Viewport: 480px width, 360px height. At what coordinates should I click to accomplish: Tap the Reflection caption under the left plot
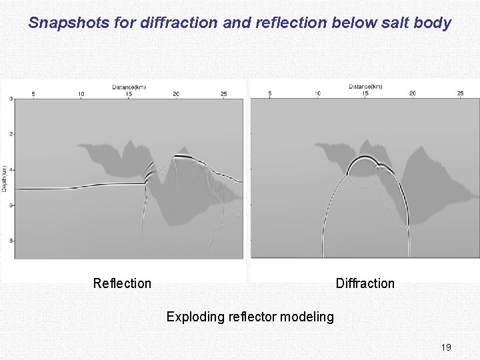point(122,283)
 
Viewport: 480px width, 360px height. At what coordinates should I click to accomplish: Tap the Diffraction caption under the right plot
point(365,283)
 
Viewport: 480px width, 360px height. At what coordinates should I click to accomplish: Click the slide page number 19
point(446,347)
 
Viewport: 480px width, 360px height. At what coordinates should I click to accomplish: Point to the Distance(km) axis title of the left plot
point(129,87)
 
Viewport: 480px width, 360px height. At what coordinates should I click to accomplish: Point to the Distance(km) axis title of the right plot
point(365,87)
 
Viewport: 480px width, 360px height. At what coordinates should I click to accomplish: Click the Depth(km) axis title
point(4,179)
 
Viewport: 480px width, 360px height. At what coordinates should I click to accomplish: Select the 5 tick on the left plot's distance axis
point(33,94)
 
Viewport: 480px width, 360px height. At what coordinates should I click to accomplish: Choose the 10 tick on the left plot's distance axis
point(81,94)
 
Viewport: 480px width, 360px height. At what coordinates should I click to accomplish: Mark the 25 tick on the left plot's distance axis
point(223,94)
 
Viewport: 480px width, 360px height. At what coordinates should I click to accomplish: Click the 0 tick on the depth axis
point(11,99)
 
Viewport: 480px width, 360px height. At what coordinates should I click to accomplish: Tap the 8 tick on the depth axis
point(11,240)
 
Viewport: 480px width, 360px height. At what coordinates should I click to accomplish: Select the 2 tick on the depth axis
point(11,134)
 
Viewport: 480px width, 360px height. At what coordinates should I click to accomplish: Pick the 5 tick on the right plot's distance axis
point(269,93)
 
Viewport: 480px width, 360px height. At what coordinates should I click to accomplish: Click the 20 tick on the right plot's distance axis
point(413,93)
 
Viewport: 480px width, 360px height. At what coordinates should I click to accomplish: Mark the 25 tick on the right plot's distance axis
point(460,93)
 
